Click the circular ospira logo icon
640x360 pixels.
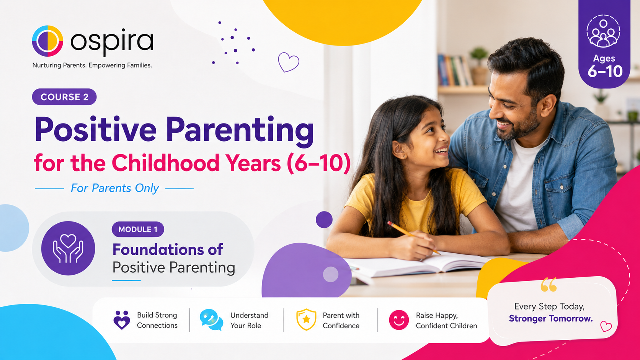[x=47, y=41]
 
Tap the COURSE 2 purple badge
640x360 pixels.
[x=64, y=97]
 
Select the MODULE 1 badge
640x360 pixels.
[x=138, y=229]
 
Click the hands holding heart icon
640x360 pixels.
[x=68, y=248]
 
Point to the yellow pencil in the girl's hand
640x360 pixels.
[x=413, y=238]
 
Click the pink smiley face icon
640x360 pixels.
[x=398, y=320]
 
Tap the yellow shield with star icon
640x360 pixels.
[x=306, y=319]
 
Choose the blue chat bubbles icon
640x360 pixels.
[x=211, y=320]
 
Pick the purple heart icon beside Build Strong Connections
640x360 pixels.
[x=122, y=320]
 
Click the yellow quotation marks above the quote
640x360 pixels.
[x=549, y=284]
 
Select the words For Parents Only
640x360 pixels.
[x=114, y=188]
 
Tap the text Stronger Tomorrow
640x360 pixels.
[x=551, y=318]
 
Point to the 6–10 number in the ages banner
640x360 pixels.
[x=604, y=72]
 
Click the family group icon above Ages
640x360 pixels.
[x=603, y=31]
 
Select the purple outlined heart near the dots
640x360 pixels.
[x=289, y=62]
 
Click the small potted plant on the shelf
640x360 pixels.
[x=479, y=66]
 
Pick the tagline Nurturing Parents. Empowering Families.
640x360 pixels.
[x=92, y=65]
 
